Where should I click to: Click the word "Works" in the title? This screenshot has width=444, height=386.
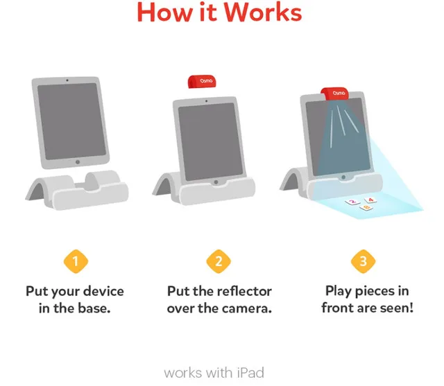click(261, 12)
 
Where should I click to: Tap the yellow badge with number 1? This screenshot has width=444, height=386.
click(76, 261)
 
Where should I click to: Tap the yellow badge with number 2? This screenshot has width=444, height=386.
click(219, 261)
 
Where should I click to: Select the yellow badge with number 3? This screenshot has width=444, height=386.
click(363, 261)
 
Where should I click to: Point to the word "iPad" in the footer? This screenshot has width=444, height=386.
click(250, 373)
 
